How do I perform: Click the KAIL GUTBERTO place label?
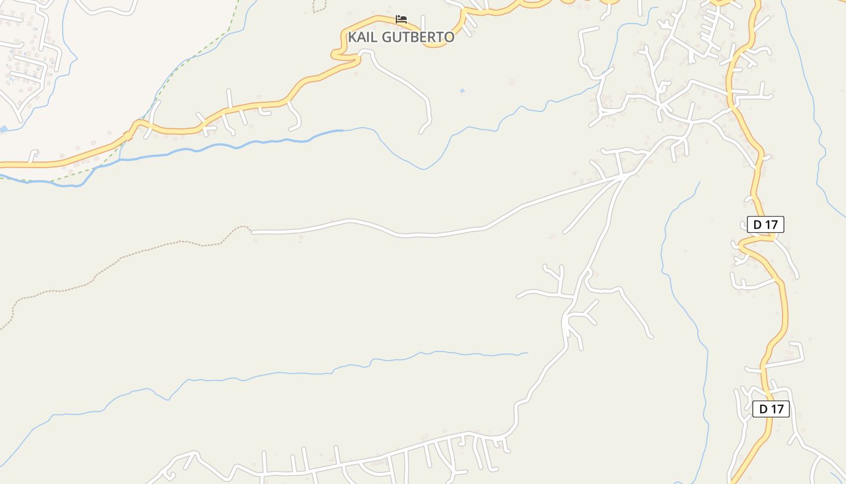(401, 37)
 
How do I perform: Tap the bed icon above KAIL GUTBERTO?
(401, 19)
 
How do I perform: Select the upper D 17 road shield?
(765, 224)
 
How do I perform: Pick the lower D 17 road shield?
(770, 409)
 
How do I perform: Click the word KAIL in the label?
(363, 37)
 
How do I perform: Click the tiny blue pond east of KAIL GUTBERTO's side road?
(462, 91)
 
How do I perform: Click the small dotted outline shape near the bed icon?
(319, 6)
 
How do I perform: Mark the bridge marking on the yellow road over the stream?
(128, 136)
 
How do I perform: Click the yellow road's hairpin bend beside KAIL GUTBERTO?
(336, 54)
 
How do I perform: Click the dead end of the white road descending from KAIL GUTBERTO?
(421, 132)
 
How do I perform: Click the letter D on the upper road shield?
(757, 224)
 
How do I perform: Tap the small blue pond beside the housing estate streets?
(3, 129)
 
